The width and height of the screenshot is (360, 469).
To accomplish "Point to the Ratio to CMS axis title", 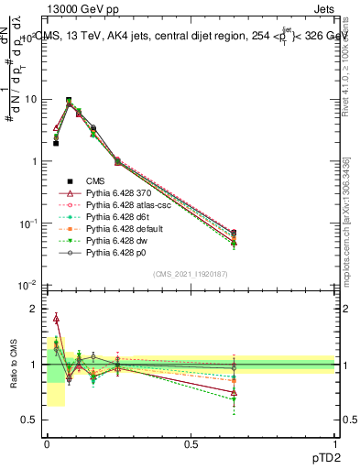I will pos(13,365).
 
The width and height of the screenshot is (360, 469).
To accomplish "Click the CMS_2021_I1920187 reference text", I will pos(190,273).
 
